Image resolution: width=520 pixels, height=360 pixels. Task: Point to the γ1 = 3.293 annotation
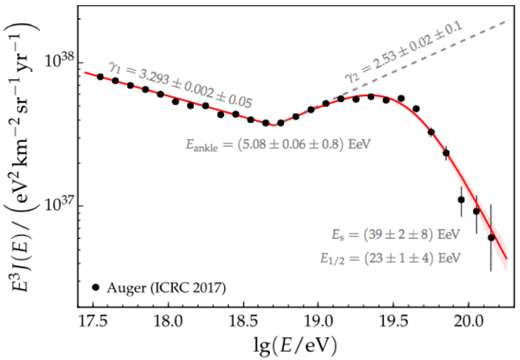180,84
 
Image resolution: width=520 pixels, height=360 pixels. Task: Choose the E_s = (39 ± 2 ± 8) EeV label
395,234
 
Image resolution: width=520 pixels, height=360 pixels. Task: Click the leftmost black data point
100,76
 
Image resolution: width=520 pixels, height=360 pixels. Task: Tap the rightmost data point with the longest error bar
490,237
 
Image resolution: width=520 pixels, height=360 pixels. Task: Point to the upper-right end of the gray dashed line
504,21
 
